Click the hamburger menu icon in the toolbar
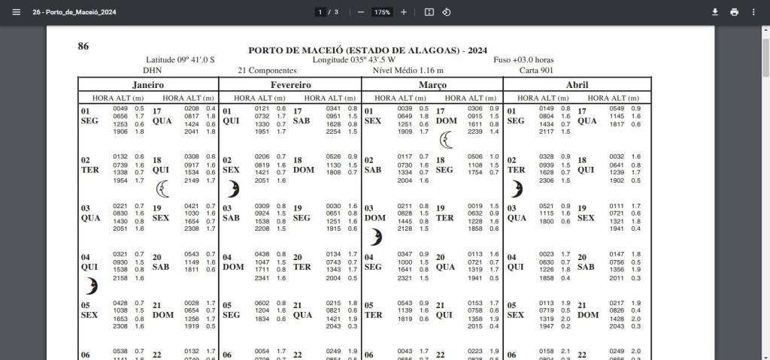[x=16, y=12]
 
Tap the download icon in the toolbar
[x=715, y=12]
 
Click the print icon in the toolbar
[x=734, y=12]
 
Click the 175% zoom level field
[x=382, y=12]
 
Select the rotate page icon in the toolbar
[x=446, y=12]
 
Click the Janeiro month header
[x=148, y=85]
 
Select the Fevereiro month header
[x=290, y=85]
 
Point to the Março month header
[x=432, y=85]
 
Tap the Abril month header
[x=577, y=85]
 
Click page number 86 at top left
[x=83, y=47]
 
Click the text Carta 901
[x=538, y=71]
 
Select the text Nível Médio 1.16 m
[x=404, y=71]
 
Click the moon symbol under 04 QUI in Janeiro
[x=91, y=286]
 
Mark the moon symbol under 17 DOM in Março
[x=447, y=139]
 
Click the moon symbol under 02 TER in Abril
[x=517, y=188]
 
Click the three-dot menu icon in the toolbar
[x=753, y=12]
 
